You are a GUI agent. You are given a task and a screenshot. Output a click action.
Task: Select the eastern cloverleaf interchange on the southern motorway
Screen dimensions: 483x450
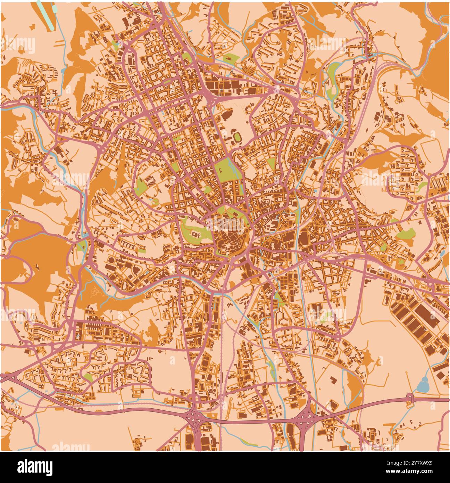click(306, 416)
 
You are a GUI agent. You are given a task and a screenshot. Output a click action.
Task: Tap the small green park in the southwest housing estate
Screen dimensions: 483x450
click(88, 377)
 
